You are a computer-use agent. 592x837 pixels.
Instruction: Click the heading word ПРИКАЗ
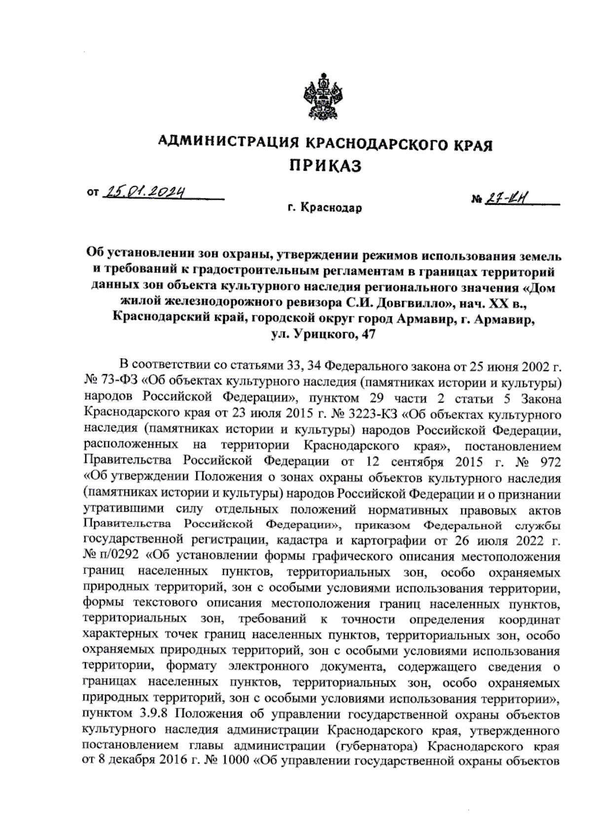pyautogui.click(x=325, y=166)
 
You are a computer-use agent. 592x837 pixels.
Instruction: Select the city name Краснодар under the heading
pyautogui.click(x=332, y=208)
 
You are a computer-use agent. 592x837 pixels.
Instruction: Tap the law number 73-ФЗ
pyautogui.click(x=115, y=382)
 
